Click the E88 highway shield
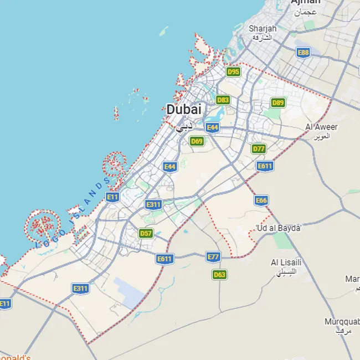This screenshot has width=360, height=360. point(303,53)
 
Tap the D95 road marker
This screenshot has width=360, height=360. point(233,71)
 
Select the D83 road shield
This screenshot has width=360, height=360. point(223,100)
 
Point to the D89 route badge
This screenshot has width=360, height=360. point(278,102)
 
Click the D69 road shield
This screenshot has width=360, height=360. point(197,141)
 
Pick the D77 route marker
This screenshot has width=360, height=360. point(259,148)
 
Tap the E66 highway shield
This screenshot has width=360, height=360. point(261,200)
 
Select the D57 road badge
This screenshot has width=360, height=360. point(146,233)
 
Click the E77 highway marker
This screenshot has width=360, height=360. point(213,256)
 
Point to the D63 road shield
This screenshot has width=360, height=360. point(220,274)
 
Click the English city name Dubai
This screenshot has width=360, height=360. point(184,110)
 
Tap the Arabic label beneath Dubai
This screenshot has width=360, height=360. point(184,127)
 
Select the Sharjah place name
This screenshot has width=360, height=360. point(262,28)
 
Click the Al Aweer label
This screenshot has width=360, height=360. point(321,127)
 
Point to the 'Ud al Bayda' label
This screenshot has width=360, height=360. point(278,228)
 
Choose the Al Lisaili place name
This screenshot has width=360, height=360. point(286,262)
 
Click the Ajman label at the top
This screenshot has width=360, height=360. point(305,2)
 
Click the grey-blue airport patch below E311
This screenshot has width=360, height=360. point(130,292)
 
